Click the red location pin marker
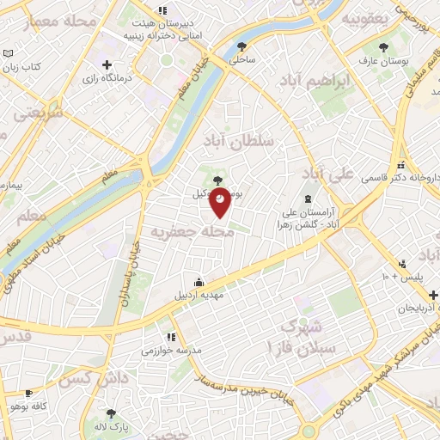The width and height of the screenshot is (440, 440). coord(220,201)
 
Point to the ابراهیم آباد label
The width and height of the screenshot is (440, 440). coord(344,82)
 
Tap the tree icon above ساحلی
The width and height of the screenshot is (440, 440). coord(241,46)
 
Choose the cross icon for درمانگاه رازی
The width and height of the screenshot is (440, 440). coord(107,65)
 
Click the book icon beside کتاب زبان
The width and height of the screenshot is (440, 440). coord(8,53)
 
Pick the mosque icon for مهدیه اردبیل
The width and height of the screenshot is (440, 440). coord(199,282)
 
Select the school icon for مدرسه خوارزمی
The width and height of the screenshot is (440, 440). coord(170,337)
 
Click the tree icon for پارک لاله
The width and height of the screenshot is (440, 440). coord(110,413)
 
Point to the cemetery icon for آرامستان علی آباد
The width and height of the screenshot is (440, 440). coord(308,198)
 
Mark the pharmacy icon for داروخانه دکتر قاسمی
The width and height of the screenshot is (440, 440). coord(400,165)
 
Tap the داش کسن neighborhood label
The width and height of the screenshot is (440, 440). coord(83,377)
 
